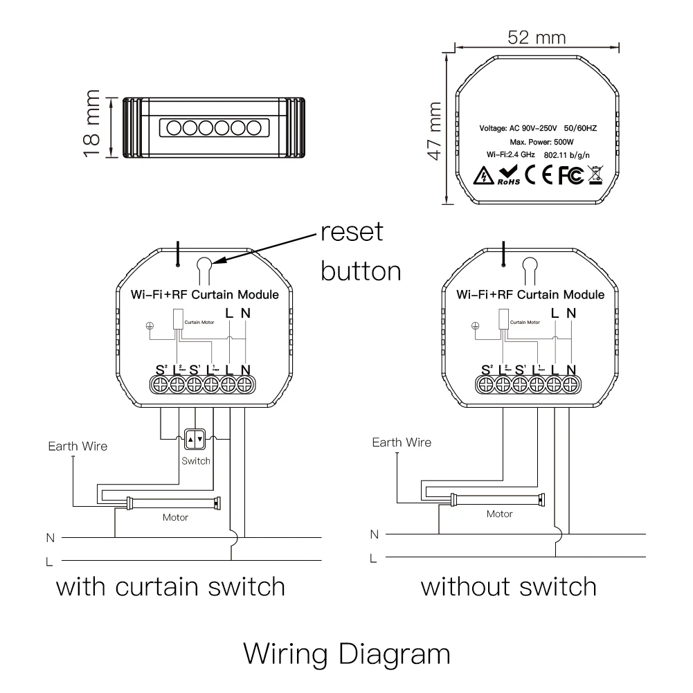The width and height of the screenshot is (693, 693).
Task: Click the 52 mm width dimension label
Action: [536, 37]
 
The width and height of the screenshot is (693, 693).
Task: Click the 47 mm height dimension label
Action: [435, 130]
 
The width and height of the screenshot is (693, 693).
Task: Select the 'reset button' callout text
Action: [360, 251]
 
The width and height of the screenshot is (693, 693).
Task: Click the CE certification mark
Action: [537, 176]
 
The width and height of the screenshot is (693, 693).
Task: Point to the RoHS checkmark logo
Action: [508, 175]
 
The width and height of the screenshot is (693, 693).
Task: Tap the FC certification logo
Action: [568, 176]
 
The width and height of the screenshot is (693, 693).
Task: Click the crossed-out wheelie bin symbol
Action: [595, 175]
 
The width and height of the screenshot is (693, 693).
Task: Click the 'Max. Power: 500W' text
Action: [538, 141]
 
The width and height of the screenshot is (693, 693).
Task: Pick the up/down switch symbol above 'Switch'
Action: [195, 439]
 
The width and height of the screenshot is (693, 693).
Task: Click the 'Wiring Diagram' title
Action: [347, 653]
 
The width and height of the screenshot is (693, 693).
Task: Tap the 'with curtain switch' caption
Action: [170, 587]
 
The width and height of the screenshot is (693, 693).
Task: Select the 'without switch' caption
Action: [509, 587]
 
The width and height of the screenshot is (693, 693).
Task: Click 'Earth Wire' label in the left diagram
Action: [78, 447]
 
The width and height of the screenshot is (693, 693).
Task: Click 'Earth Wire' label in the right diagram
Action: [402, 443]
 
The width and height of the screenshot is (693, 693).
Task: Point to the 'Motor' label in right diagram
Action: [499, 514]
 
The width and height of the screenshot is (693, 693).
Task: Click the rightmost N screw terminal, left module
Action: [245, 384]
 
